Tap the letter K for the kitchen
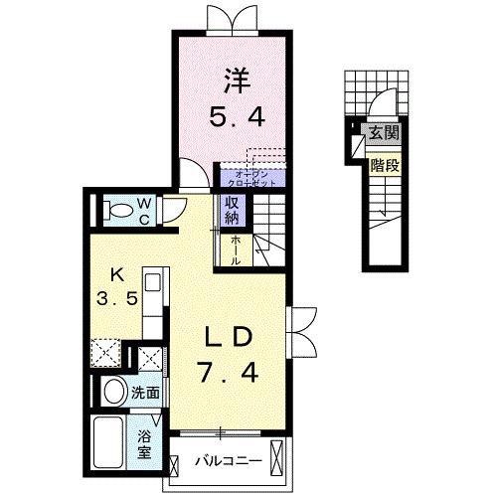click(116, 272)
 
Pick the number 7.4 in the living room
click(230, 375)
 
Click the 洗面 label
click(146, 393)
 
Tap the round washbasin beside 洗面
click(112, 392)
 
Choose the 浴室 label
click(145, 441)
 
